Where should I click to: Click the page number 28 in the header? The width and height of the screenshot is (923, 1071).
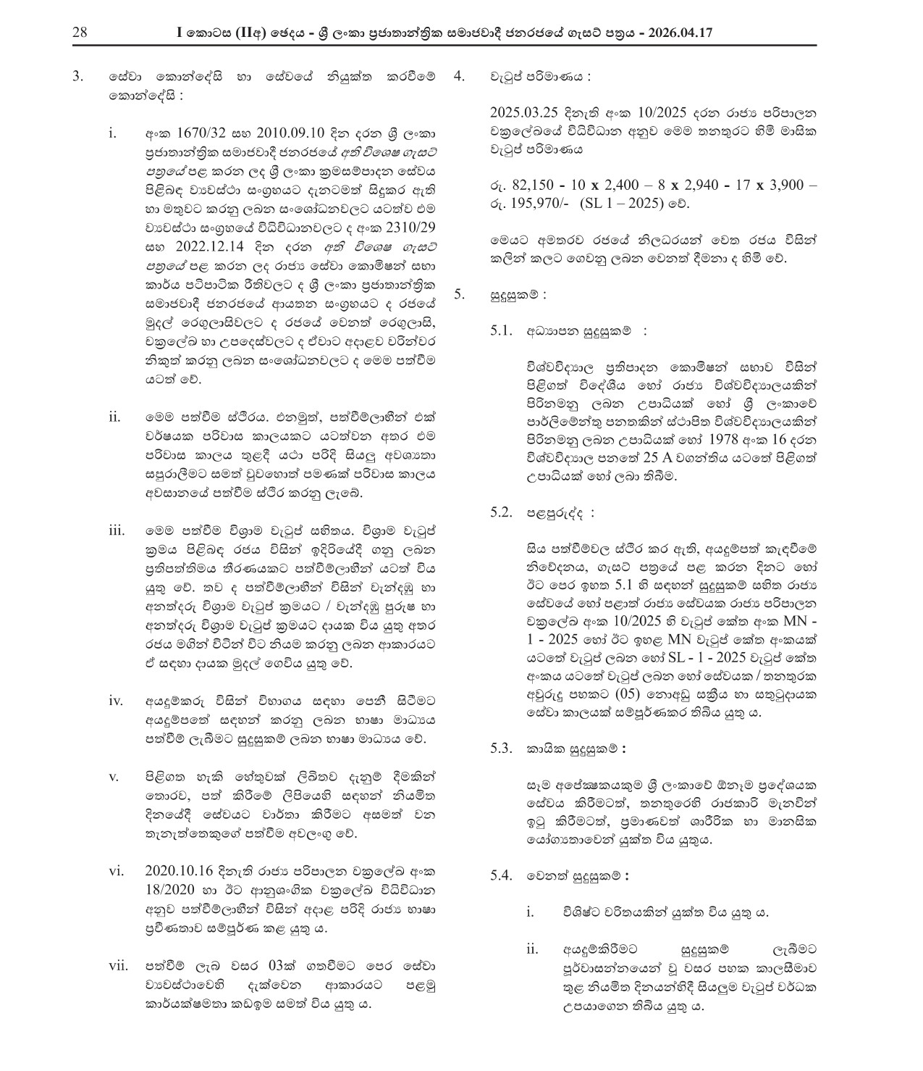(x=80, y=33)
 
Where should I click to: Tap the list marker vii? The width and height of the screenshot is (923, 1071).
(x=117, y=965)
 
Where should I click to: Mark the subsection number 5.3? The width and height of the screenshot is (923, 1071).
(x=502, y=749)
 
